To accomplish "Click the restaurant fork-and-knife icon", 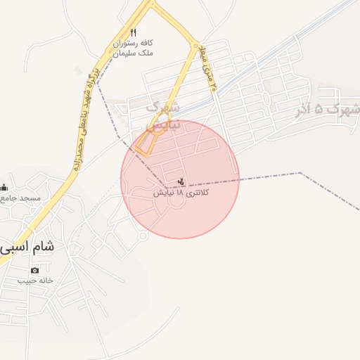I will coord(134,32).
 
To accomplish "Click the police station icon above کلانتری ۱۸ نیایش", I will coord(182,182).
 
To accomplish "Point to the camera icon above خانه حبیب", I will coord(35,270).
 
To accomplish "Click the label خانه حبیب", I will coord(35,281).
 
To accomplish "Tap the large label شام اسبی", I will coord(28,247).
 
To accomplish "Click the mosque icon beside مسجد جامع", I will coord(4,187).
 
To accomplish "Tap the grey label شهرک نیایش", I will coord(163,115).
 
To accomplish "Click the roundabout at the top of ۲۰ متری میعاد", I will coord(195,46).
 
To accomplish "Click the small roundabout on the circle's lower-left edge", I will coord(143,236).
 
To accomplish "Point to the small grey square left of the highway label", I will coord(77,70).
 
